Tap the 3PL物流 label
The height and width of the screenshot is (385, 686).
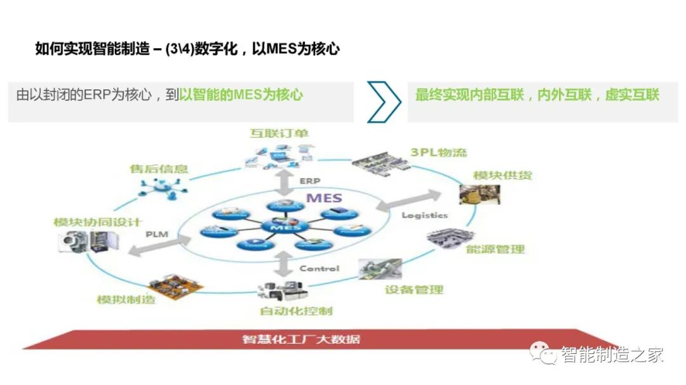click(x=438, y=152)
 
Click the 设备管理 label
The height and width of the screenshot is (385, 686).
click(x=414, y=290)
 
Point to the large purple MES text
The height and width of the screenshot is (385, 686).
click(x=325, y=197)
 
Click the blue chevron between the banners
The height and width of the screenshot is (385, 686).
click(x=384, y=101)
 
